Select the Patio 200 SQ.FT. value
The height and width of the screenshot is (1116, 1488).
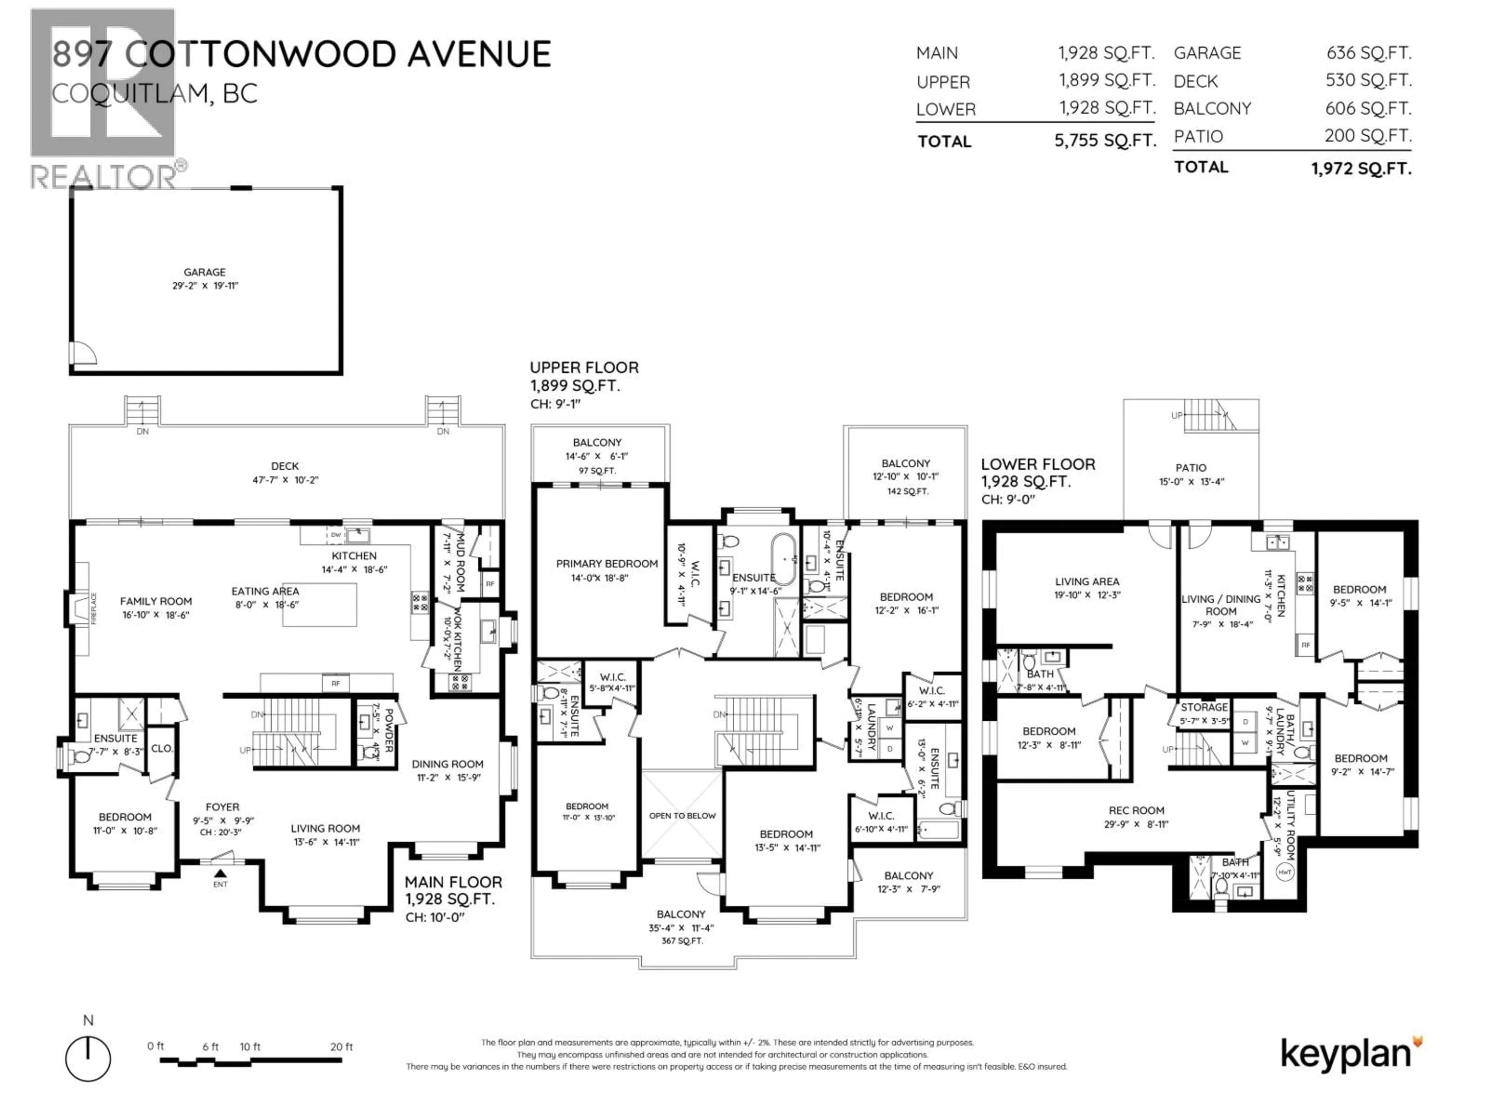point(1367,136)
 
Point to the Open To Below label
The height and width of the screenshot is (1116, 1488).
point(682,815)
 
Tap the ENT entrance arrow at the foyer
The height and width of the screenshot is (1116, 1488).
point(220,873)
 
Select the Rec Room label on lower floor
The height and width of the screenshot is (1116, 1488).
point(1136,811)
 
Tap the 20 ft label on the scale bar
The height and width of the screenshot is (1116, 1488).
point(341,1047)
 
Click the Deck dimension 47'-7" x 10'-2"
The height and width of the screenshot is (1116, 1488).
point(284,480)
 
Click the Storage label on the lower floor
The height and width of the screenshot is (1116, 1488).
point(1204,707)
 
